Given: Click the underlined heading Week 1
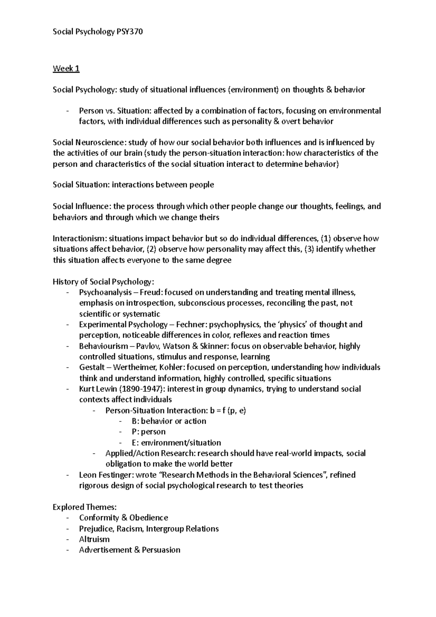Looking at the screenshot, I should (x=66, y=69).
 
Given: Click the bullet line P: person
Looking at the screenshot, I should (x=149, y=432).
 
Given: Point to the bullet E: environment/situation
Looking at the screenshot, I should (x=176, y=443).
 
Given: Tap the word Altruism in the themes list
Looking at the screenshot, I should (x=94, y=540).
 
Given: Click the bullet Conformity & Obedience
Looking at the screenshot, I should (x=124, y=518).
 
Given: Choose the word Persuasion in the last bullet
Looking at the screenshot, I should (x=161, y=550).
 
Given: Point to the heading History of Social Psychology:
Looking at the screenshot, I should (x=104, y=282).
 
